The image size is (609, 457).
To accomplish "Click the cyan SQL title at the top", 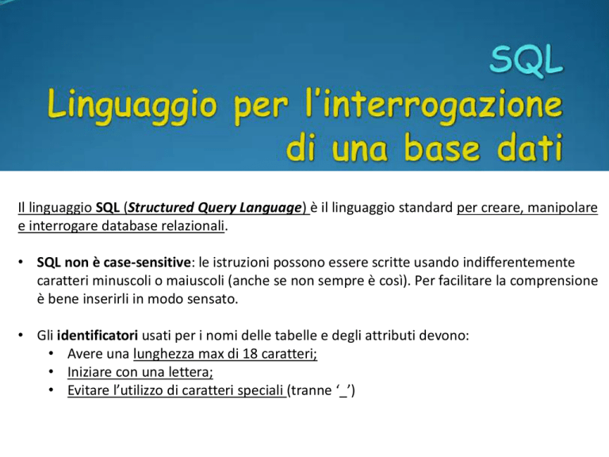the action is click(x=527, y=60).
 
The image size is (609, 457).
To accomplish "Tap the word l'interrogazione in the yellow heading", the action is click(x=434, y=105).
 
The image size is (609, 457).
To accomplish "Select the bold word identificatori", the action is click(x=97, y=335).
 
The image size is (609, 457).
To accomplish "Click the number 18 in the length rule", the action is click(x=250, y=354).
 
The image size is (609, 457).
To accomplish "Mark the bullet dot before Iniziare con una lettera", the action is click(x=52, y=372).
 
